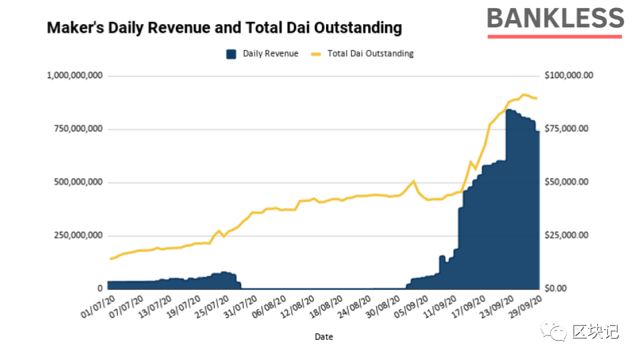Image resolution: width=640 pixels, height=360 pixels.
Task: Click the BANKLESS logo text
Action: pos(555,19)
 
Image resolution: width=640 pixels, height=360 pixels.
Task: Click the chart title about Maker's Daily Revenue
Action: pos(225,28)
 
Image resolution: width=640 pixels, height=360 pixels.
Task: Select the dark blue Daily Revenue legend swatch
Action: pos(231,54)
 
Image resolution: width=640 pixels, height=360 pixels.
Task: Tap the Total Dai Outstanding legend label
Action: pos(370,53)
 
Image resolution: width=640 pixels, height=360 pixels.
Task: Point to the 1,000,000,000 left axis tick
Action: pos(75,75)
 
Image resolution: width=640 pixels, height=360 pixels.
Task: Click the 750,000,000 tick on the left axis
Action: pos(78,129)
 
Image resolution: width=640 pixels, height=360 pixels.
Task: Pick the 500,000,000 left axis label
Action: pos(78,183)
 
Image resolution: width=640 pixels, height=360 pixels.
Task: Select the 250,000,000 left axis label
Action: pos(78,235)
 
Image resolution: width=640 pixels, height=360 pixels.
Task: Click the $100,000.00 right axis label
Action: pos(569,75)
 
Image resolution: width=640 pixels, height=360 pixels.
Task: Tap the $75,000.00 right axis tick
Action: pos(567,129)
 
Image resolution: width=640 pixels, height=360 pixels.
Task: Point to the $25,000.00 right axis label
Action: pos(567,235)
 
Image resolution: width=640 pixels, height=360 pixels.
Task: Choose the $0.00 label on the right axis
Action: pos(555,288)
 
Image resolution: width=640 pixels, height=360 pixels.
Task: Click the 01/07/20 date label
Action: pos(98,306)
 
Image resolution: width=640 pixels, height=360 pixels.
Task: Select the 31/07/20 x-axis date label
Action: pos(241,306)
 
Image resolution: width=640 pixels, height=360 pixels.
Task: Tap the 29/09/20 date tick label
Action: pos(526,306)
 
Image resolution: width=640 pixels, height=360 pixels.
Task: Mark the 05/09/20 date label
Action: pos(411,306)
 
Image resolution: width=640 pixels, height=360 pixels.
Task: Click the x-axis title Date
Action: pos(324,337)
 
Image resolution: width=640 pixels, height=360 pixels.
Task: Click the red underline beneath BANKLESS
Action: pos(555,37)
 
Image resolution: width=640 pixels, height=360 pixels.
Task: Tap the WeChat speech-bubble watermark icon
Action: pos(554,331)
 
